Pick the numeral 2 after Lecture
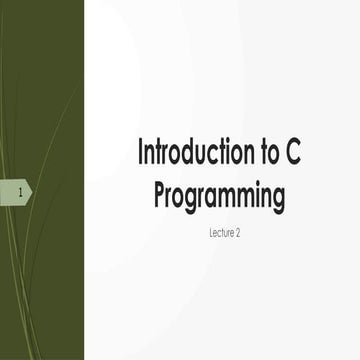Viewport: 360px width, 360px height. click(x=237, y=230)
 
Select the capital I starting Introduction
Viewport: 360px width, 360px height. click(x=140, y=154)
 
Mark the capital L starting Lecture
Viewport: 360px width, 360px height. click(x=201, y=230)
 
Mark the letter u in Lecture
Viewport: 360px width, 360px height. click(x=221, y=230)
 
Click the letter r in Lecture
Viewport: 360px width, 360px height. click(x=226, y=230)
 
